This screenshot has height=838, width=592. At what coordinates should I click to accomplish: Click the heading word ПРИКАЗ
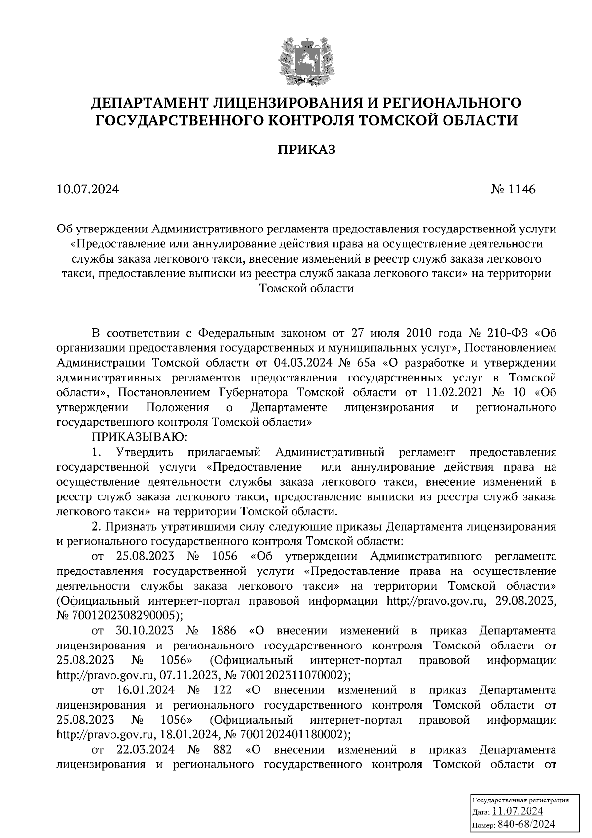[306, 150]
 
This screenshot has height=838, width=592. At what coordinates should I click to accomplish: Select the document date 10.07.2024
[88, 189]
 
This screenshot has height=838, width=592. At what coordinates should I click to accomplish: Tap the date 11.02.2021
[454, 392]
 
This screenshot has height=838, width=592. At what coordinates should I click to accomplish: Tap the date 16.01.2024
[146, 689]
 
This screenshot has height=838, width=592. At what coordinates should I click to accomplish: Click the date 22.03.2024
[146, 749]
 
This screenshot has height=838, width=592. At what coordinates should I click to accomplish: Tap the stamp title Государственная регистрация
[520, 800]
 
